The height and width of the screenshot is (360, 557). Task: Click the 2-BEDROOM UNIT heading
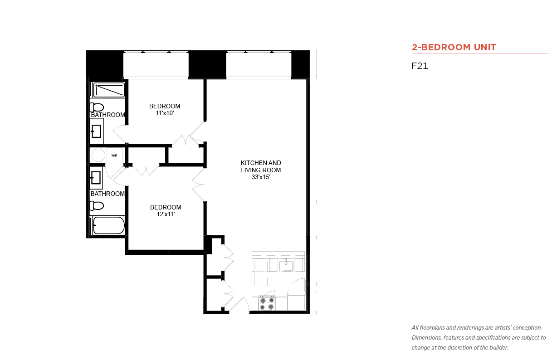(x=454, y=47)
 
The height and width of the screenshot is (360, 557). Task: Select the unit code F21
(x=420, y=66)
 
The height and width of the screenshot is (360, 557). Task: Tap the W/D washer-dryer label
(x=114, y=156)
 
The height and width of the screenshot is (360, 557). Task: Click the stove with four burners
(x=267, y=303)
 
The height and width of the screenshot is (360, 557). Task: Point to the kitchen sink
(x=286, y=265)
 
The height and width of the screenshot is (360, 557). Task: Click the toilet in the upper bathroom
(x=97, y=107)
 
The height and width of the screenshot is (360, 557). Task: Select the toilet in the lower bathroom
(x=97, y=205)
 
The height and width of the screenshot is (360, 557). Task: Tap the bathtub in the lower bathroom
(x=109, y=225)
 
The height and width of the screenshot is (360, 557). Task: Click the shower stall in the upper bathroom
(x=109, y=90)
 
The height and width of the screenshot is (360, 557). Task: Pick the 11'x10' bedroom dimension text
(x=165, y=113)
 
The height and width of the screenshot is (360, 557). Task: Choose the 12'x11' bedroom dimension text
(x=166, y=214)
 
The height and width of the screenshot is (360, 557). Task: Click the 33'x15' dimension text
(x=261, y=177)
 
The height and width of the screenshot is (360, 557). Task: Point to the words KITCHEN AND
(x=261, y=163)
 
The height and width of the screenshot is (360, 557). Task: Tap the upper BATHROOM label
(x=108, y=115)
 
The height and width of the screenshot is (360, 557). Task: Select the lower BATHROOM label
(x=107, y=194)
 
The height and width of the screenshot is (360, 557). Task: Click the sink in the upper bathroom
(x=96, y=131)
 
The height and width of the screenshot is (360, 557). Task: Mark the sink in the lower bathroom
(x=96, y=178)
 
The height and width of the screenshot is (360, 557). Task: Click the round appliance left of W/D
(x=98, y=156)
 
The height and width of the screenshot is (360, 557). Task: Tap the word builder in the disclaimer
(x=498, y=347)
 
